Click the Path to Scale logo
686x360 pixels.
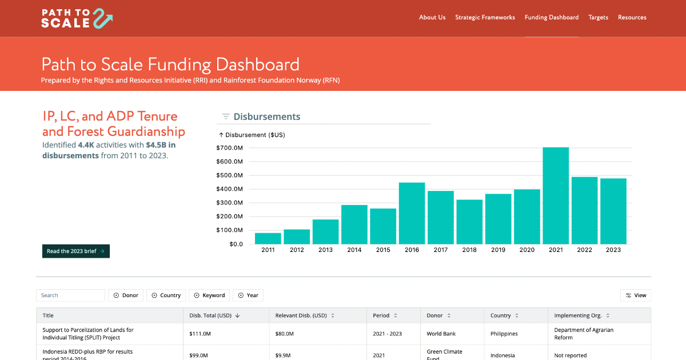coord(77,18)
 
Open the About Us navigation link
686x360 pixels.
coord(432,18)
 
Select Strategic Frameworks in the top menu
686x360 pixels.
coord(485,18)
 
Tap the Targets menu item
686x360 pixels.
coord(598,18)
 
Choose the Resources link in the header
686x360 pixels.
coord(632,18)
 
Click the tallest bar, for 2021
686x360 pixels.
coord(556,195)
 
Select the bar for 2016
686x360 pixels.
coord(412,213)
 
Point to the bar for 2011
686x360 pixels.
coord(268,238)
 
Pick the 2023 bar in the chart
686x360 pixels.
coord(613,211)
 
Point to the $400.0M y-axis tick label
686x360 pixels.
coord(229,189)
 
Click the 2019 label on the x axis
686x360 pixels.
coord(498,250)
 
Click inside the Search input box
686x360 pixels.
coord(71,295)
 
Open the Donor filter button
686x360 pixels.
coord(126,295)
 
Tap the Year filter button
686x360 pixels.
coord(248,295)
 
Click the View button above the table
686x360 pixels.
coord(636,295)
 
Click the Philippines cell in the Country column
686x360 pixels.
coord(504,334)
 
